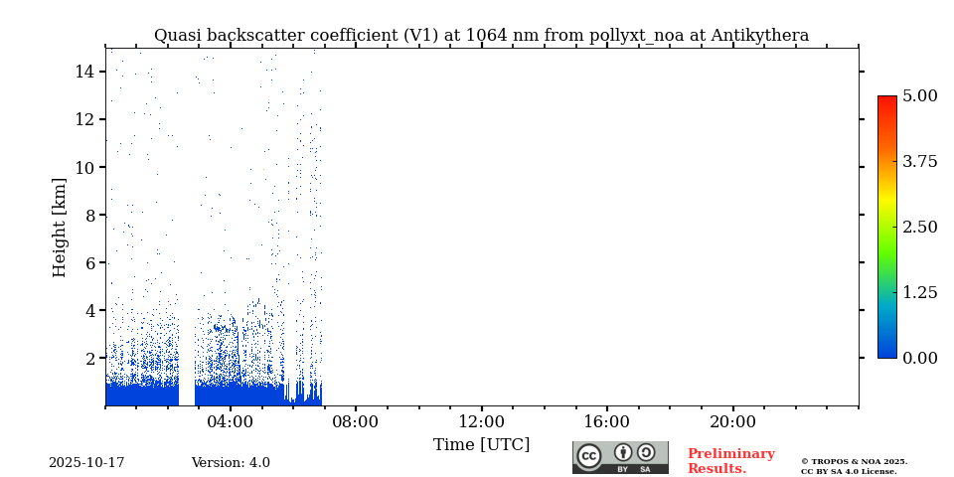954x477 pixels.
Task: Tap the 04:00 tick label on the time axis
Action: [x=231, y=421]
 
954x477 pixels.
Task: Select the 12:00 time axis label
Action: [x=481, y=421]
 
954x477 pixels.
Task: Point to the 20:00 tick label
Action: [x=732, y=421]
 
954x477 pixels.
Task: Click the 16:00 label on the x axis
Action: [x=606, y=421]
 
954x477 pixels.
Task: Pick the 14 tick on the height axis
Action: [x=83, y=72]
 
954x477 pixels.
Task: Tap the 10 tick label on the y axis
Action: [x=83, y=167]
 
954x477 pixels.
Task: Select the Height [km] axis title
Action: [x=60, y=227]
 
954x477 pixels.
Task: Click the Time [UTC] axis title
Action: [x=481, y=444]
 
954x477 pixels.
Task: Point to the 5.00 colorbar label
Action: [x=919, y=96]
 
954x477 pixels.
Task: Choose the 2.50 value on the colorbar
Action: [x=919, y=227]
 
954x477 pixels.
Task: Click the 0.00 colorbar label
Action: [x=919, y=358]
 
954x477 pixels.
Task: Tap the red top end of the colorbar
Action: [x=886, y=100]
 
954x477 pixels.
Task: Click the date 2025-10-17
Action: [x=86, y=463]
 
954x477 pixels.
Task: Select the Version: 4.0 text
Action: [x=231, y=463]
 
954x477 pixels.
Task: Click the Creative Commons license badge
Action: [x=620, y=457]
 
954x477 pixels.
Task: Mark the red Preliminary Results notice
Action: [x=730, y=461]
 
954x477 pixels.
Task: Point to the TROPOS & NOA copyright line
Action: [x=854, y=461]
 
